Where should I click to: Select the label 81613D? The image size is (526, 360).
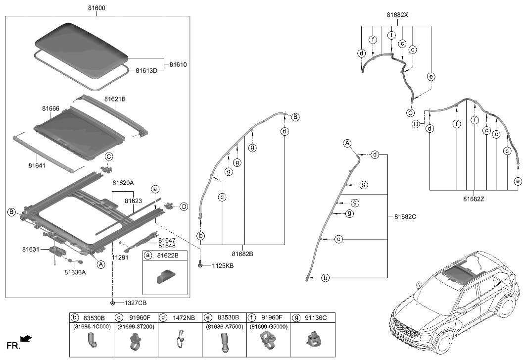[146, 71]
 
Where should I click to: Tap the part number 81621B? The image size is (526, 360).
[115, 99]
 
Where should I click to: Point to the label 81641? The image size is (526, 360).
[37, 165]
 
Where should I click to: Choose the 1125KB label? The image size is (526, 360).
[222, 266]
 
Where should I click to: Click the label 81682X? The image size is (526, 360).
[397, 15]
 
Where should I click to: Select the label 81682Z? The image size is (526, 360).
[474, 199]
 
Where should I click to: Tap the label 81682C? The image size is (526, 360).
[405, 216]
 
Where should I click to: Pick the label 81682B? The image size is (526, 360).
[242, 254]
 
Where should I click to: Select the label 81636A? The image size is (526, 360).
[75, 271]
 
